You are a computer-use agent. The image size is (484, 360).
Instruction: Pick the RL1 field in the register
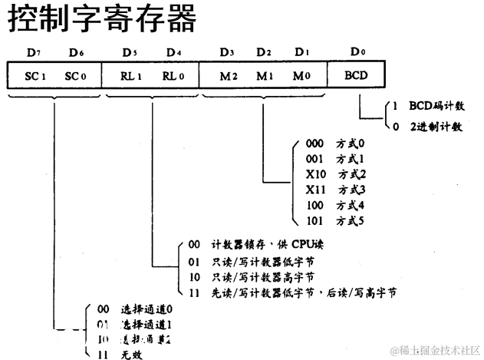pyautogui.click(x=132, y=77)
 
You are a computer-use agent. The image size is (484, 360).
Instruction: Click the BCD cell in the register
pyautogui.click(x=356, y=77)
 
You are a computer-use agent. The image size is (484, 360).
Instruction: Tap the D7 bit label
pyautogui.click(x=32, y=53)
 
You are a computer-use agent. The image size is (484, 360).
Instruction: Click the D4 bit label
pyautogui.click(x=174, y=53)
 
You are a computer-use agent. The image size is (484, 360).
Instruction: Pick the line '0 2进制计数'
pyautogui.click(x=426, y=127)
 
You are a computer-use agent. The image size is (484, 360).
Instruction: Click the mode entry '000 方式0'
pyautogui.click(x=337, y=143)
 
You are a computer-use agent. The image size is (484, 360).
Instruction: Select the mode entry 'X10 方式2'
pyautogui.click(x=337, y=173)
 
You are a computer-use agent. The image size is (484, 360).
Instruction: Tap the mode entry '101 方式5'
pyautogui.click(x=337, y=221)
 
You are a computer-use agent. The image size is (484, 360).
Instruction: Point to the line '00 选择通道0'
pyautogui.click(x=136, y=309)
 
